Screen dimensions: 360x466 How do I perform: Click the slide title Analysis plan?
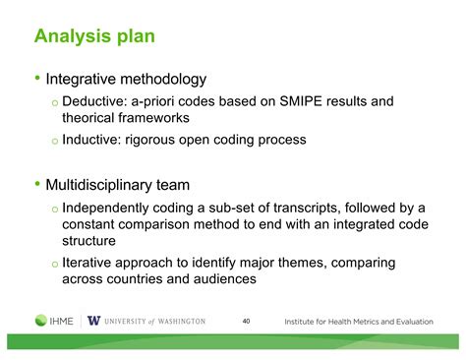coord(93,37)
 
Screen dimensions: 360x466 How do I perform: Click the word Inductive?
coord(95,140)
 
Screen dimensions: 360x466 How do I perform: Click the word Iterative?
coord(91,263)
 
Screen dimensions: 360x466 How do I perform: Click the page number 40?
coord(246,321)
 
